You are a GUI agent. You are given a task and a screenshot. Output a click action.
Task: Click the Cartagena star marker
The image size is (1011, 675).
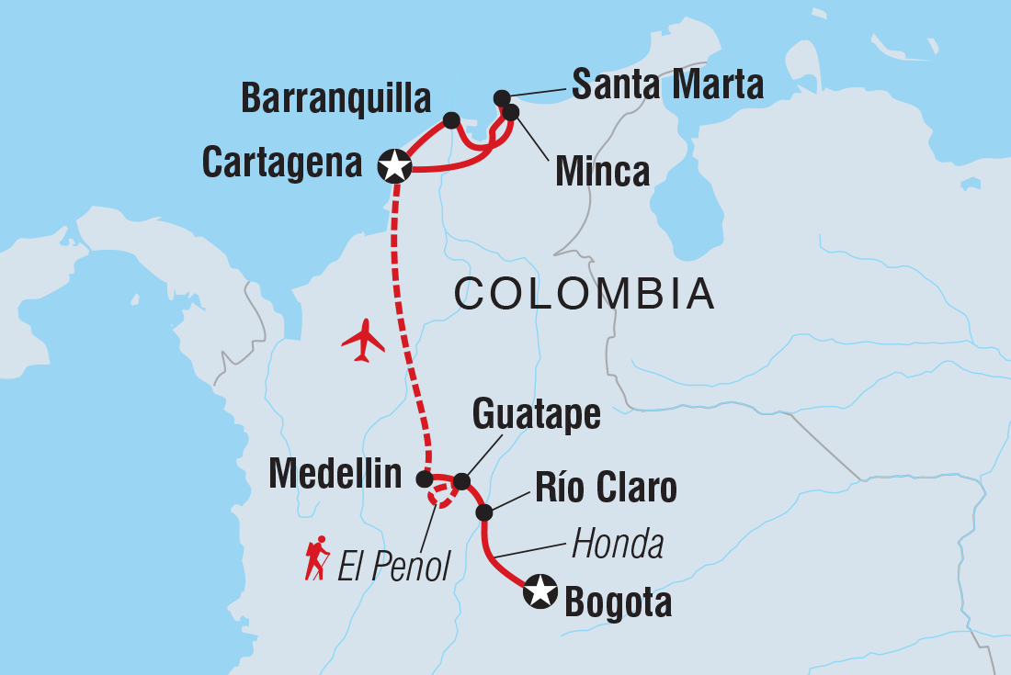395,166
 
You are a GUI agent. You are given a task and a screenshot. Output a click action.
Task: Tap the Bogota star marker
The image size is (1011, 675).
540,591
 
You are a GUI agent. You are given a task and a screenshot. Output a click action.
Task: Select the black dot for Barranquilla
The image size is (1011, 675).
451,119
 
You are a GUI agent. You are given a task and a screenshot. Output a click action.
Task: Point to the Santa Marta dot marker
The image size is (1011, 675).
502,97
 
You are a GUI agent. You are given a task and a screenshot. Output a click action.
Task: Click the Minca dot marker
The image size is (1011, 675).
511,112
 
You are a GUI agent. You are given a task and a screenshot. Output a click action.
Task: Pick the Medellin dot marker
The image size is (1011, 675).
424,478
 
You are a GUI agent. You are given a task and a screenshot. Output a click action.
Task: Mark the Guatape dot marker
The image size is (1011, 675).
461,481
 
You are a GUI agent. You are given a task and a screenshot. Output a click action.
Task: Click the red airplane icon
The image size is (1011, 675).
364,341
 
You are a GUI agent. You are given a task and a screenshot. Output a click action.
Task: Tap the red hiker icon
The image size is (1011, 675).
317,558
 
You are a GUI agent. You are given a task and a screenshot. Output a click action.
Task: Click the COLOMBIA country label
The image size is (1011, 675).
585,294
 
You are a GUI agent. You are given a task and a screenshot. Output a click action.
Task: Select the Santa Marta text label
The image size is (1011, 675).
667,84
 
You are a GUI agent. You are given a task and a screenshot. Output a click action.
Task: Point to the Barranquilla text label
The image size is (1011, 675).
336,98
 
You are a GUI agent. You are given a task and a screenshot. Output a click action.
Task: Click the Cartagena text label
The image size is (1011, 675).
282,163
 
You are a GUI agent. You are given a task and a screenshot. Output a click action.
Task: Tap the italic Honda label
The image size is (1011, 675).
618,546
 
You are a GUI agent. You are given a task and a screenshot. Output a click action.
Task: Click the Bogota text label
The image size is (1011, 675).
618,603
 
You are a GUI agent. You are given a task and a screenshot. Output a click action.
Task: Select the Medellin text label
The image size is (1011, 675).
335,475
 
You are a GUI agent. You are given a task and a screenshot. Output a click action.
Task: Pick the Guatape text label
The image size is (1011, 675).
536,415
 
